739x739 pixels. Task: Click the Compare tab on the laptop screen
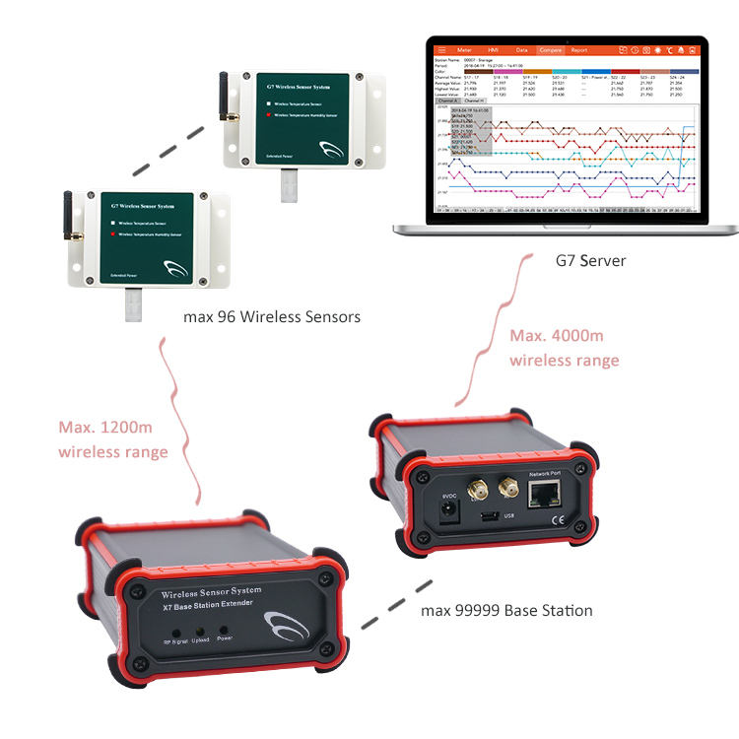(550, 49)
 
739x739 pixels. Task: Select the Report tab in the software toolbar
(579, 49)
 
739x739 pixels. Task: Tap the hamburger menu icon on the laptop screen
(441, 49)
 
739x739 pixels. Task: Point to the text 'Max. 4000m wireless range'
(564, 348)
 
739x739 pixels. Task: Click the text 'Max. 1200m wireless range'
(112, 440)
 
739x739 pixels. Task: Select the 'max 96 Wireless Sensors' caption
(272, 317)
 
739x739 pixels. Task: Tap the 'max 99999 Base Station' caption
(506, 611)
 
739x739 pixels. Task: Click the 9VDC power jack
(448, 510)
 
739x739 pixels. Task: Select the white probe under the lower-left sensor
(134, 306)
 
